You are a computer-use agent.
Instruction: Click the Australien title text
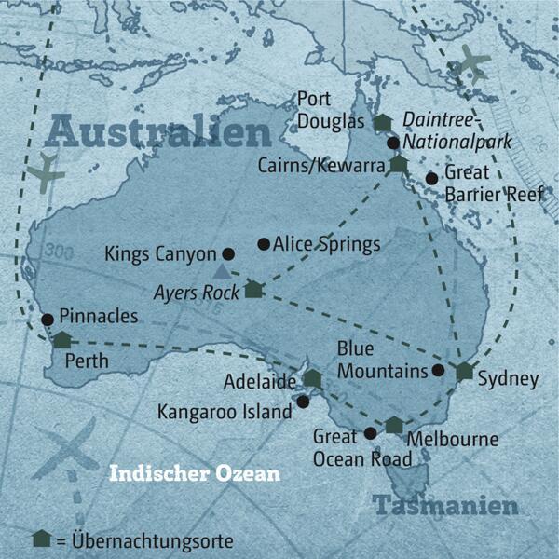[x=158, y=132]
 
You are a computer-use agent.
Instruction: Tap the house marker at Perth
[x=61, y=340]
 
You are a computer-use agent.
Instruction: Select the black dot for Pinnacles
[x=48, y=320]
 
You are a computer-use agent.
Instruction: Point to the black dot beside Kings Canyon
[x=228, y=252]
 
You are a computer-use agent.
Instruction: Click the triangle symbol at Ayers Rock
[x=221, y=272]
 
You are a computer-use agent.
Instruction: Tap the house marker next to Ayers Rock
[x=253, y=290]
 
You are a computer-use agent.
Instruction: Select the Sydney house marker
[x=465, y=371]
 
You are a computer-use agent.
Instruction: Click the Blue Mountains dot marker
[x=438, y=370]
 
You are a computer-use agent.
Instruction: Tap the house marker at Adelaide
[x=312, y=378]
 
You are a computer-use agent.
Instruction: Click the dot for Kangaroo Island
[x=303, y=402]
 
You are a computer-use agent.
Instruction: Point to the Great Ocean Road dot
[x=370, y=433]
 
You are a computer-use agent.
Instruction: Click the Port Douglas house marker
[x=382, y=122]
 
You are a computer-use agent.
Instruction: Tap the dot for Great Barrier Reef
[x=430, y=178]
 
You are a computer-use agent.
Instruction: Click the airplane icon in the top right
[x=473, y=64]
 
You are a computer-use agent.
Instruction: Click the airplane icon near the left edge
[x=44, y=172]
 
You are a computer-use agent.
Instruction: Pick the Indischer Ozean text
[x=194, y=473]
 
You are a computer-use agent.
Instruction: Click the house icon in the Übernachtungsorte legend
[x=40, y=539]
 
